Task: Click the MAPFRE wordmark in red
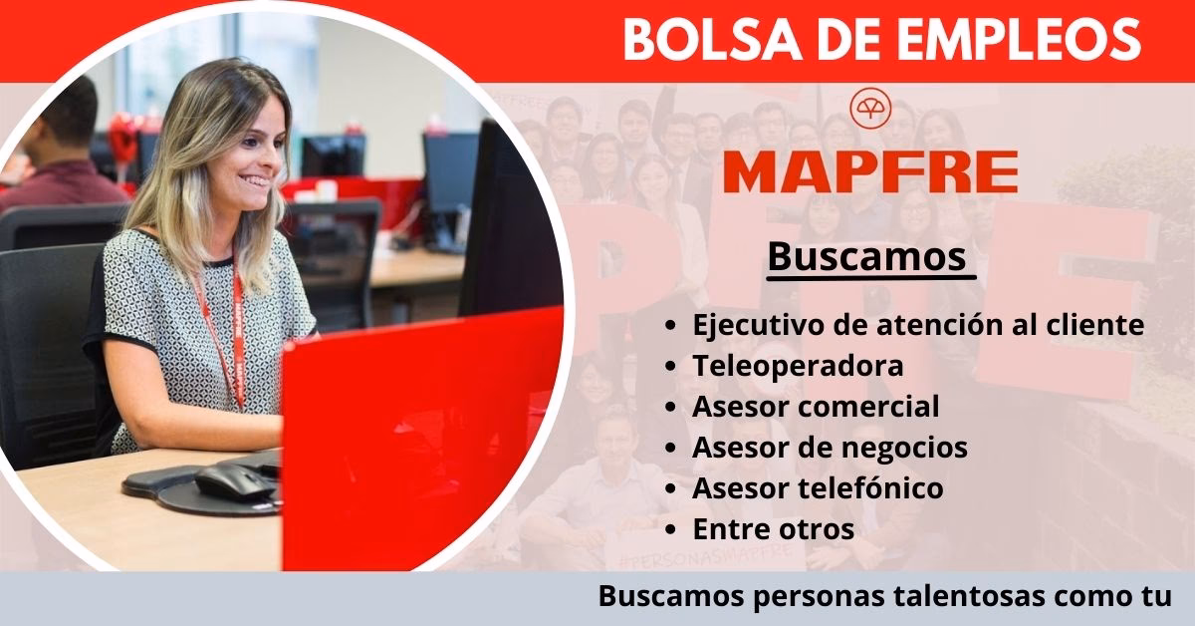[x=870, y=171]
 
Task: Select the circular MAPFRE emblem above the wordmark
[x=869, y=108]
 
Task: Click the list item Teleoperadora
[x=798, y=366]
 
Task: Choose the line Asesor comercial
[x=816, y=407]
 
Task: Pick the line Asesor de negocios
[x=830, y=448]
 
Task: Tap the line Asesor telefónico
[x=818, y=488]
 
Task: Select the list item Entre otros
[x=773, y=529]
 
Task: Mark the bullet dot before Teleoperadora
[x=673, y=367]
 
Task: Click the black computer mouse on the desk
[x=234, y=482]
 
